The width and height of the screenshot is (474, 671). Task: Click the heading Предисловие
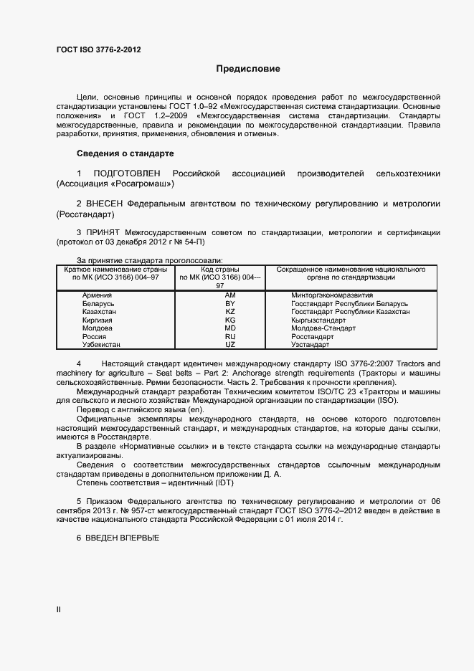248,70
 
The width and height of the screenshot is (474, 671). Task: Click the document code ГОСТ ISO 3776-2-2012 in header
98,49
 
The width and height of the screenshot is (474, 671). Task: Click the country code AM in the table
230,295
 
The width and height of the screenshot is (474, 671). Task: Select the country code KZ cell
230,312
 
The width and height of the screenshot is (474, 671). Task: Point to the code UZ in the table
230,345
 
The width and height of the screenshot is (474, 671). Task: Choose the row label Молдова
98,328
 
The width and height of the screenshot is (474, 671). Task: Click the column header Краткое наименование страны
115,270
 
